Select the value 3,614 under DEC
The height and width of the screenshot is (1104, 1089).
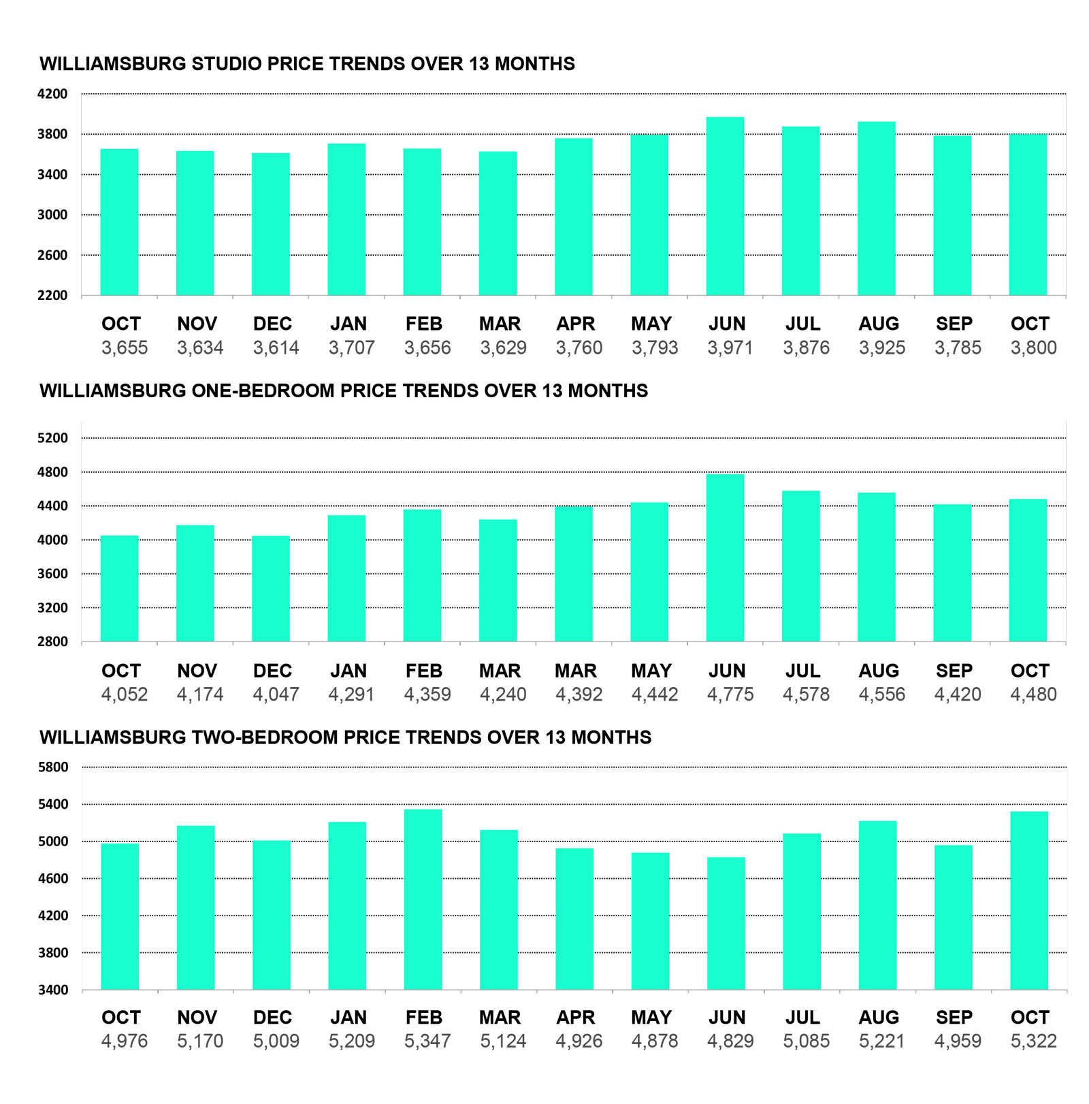[x=276, y=348]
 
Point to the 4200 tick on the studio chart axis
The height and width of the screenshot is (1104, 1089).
[x=52, y=94]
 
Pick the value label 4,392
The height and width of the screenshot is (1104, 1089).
[x=579, y=695]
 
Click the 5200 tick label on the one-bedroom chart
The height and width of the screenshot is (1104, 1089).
[x=52, y=438]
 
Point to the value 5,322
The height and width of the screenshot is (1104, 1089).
[x=1033, y=1041]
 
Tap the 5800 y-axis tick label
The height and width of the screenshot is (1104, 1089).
[x=52, y=767]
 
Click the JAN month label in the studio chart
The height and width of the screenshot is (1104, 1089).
[x=348, y=324]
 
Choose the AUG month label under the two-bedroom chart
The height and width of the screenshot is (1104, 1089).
[x=879, y=1018]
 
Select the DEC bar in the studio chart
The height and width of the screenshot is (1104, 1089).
[x=271, y=224]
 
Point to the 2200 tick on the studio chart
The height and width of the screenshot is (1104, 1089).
[x=52, y=295]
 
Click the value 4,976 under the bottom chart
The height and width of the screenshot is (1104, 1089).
[x=125, y=1041]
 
